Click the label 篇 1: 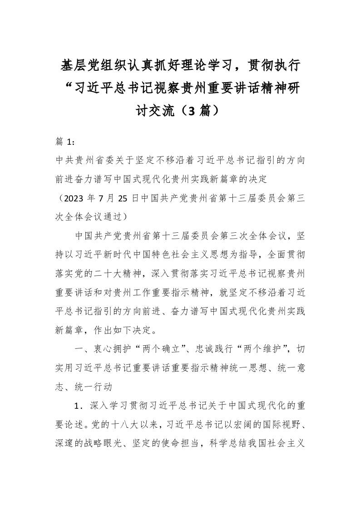coord(65,142)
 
